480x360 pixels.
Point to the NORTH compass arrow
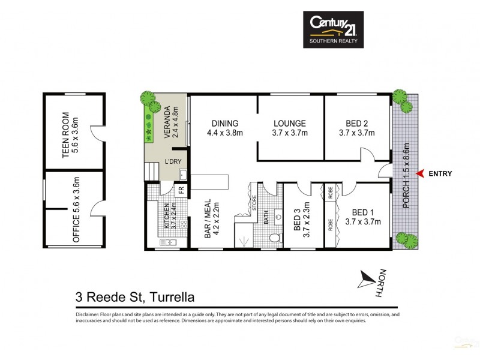(365, 278)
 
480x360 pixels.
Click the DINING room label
(224, 124)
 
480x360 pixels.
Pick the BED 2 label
(357, 124)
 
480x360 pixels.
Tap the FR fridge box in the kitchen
(181, 191)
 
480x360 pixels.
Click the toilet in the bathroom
(275, 239)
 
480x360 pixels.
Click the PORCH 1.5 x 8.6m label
(406, 175)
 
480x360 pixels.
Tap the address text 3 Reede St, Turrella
(135, 296)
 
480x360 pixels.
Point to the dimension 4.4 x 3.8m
(224, 133)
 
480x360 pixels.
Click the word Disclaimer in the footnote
(90, 314)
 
